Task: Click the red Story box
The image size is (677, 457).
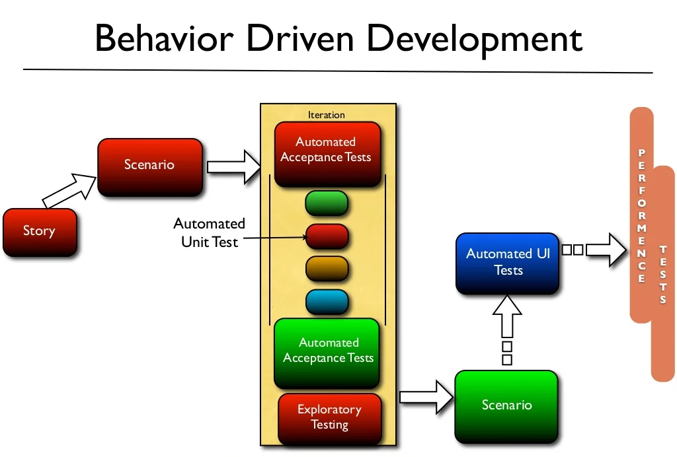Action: coord(40,232)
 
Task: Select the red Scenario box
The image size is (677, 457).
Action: coord(149,166)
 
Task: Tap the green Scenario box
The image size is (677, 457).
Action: coord(506,405)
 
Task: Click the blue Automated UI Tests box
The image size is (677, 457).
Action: coord(508,262)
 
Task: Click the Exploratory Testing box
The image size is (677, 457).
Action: coord(329,417)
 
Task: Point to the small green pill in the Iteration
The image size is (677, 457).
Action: coord(327,203)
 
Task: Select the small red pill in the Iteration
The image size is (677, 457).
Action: coord(327,236)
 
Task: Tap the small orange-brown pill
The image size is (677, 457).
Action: coord(327,268)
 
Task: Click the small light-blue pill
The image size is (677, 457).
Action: coord(327,301)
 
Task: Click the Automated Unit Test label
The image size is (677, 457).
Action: coord(209,233)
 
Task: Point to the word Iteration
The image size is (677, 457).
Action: coord(326,115)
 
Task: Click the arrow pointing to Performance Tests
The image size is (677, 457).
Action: coord(605,250)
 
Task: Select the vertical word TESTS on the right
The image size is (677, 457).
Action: coord(662,274)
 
